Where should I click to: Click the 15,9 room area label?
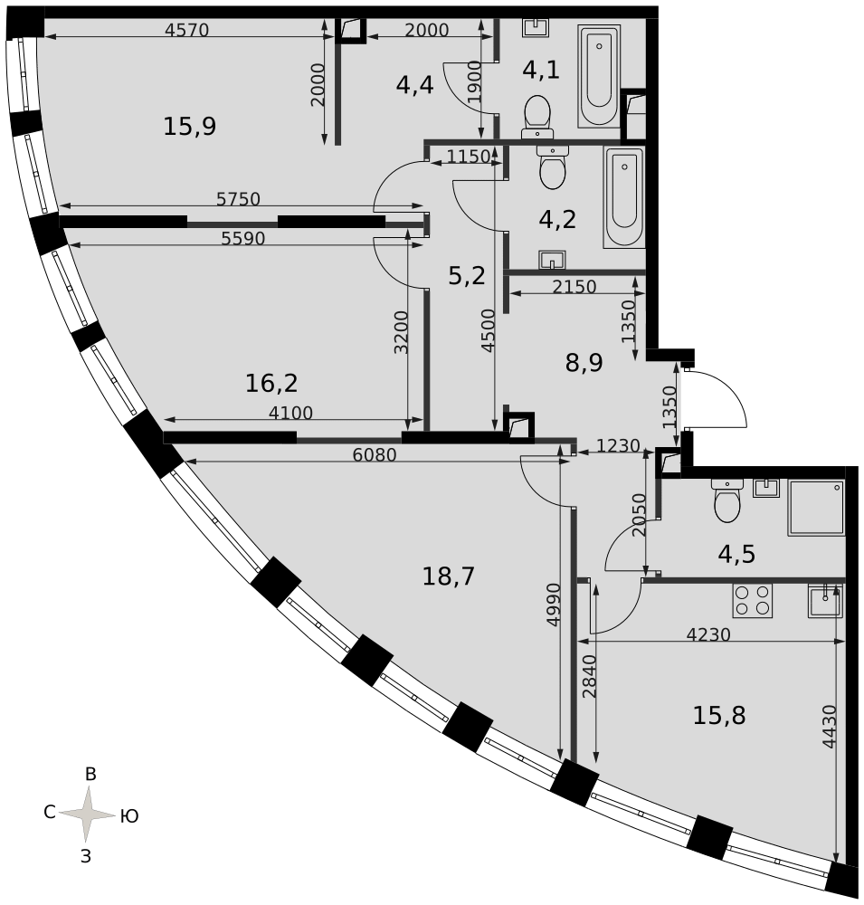coord(189,126)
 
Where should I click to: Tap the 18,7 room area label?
coord(449,576)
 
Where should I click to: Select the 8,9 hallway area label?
coord(584,363)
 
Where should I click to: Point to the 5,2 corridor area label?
coord(466,276)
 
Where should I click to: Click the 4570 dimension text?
coord(186,30)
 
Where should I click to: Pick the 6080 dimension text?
coord(375,455)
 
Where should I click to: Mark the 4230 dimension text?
coord(708,634)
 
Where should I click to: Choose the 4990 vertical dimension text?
coord(554,605)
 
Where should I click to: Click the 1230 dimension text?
coord(618,445)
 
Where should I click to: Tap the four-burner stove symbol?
coord(752,600)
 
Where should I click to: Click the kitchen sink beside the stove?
coord(825,600)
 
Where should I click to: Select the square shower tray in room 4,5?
coord(816,508)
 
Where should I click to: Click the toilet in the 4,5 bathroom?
coord(726,500)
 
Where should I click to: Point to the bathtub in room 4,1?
coord(599,76)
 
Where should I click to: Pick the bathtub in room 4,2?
coord(624,196)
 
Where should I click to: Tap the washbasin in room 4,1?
coord(536,27)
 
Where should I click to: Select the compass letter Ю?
coord(129,816)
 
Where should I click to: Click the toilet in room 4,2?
coord(553,167)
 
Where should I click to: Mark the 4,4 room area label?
coord(414,85)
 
